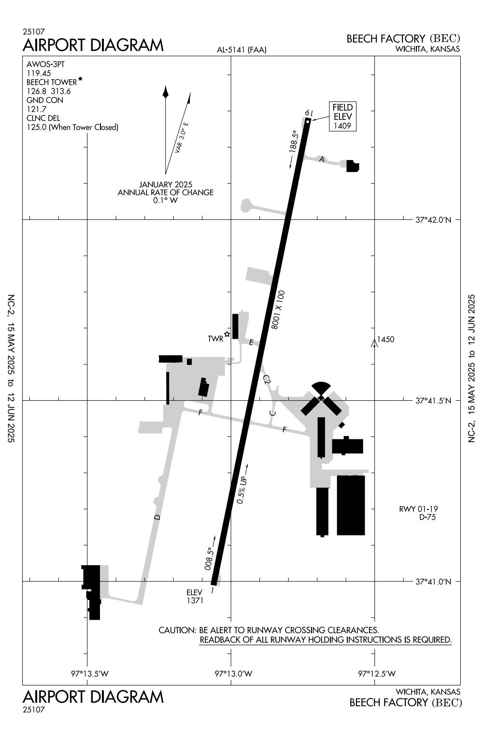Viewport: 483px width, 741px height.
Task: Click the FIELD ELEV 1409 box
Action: [342, 116]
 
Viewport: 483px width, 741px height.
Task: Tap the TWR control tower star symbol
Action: [227, 334]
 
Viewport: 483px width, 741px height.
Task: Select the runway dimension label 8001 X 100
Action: [278, 310]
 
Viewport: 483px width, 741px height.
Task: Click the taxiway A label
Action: [322, 159]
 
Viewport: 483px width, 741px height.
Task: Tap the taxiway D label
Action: [157, 517]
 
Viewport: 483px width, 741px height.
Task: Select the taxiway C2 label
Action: [267, 380]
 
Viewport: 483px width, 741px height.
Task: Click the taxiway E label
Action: [251, 343]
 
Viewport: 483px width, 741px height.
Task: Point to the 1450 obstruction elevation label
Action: [385, 339]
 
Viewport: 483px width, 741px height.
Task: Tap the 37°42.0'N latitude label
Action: [433, 220]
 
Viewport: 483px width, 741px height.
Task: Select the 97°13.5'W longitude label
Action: [90, 673]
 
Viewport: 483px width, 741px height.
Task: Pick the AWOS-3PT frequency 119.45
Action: [39, 73]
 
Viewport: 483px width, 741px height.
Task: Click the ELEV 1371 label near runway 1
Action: [195, 596]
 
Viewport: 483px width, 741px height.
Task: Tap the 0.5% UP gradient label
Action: [242, 490]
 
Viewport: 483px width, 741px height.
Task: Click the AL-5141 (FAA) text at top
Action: [241, 49]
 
